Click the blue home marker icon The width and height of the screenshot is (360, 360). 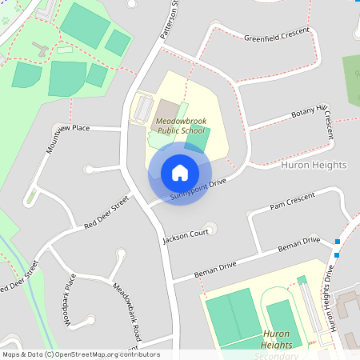(179, 173)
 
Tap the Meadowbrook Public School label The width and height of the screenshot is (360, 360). (181, 125)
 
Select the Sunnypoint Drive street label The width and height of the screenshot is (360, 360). (198, 189)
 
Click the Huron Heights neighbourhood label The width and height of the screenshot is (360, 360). (314, 165)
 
